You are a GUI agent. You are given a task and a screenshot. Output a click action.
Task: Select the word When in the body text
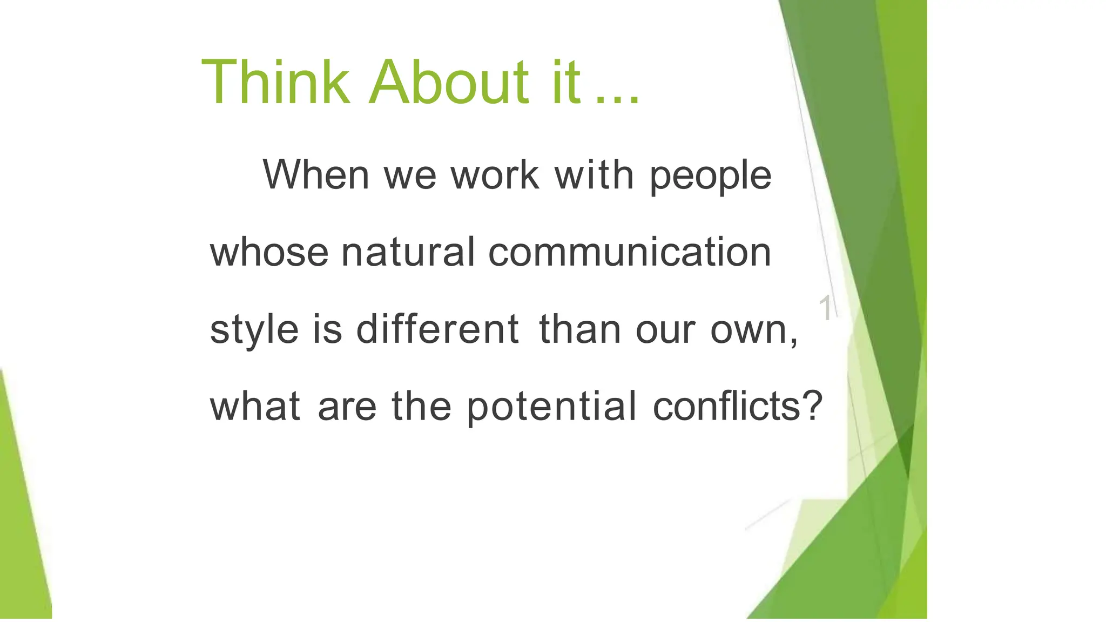tap(316, 174)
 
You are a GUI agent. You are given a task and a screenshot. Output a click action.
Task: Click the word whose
tap(269, 252)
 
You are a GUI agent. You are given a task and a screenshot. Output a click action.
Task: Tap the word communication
tap(629, 252)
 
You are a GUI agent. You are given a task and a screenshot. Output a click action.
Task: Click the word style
tap(254, 330)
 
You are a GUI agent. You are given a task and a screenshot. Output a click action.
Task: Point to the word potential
tap(551, 407)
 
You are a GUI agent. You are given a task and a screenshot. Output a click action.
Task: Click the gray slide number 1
tap(825, 308)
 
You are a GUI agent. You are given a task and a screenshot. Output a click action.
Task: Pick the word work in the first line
tap(495, 174)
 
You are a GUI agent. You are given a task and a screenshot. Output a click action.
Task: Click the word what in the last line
tap(255, 406)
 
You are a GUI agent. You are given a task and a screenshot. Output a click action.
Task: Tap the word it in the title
tap(566, 83)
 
